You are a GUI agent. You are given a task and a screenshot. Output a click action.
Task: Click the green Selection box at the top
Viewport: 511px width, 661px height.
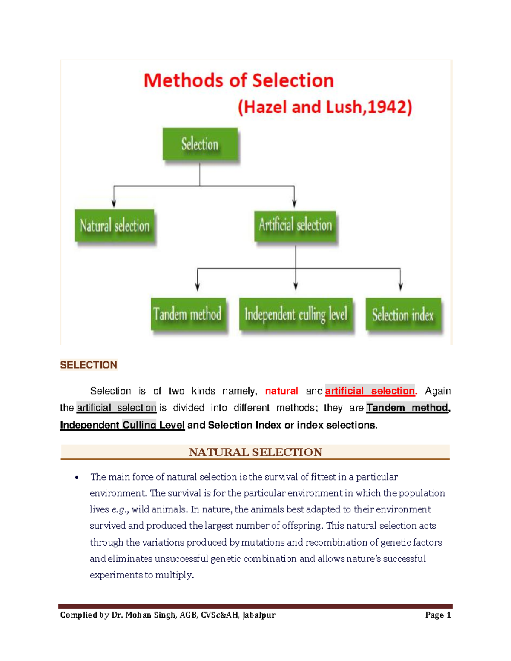point(200,144)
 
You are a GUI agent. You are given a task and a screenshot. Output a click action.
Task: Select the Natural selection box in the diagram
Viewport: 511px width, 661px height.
point(115,226)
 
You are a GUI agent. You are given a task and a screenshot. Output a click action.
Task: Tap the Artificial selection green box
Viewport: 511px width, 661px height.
point(295,225)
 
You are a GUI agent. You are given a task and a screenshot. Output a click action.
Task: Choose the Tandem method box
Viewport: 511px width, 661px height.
point(188,314)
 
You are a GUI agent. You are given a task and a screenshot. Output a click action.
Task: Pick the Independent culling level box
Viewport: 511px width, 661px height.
point(296,315)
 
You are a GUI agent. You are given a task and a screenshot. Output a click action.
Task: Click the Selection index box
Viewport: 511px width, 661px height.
point(403,315)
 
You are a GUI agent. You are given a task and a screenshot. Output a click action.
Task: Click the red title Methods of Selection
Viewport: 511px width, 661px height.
point(238,80)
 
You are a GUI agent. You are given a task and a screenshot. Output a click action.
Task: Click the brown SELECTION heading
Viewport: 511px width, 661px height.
point(89,365)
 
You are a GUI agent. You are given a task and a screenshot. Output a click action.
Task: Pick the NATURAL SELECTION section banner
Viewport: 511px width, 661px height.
point(255,452)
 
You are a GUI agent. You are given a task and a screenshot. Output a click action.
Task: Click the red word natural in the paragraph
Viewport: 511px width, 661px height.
point(281,391)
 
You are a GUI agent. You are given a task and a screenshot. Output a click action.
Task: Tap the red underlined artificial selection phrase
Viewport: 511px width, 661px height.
point(370,391)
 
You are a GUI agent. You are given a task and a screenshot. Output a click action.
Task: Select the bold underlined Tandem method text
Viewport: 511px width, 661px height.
point(407,408)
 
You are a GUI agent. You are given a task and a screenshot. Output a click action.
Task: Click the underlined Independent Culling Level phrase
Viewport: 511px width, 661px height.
point(122,425)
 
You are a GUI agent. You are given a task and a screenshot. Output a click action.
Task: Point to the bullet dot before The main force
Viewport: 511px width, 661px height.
point(77,477)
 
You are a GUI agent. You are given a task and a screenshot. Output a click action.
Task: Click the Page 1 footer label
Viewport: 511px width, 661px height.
point(438,615)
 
